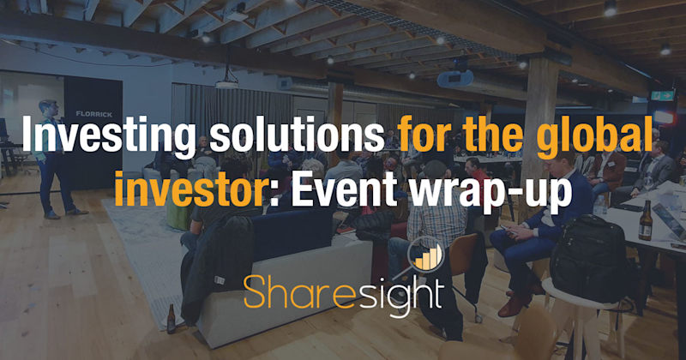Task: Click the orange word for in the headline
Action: (418, 140)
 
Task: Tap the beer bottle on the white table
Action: (645, 220)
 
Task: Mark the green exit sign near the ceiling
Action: (664, 96)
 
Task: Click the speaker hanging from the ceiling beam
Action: (454, 78)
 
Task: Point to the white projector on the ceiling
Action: (226, 83)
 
